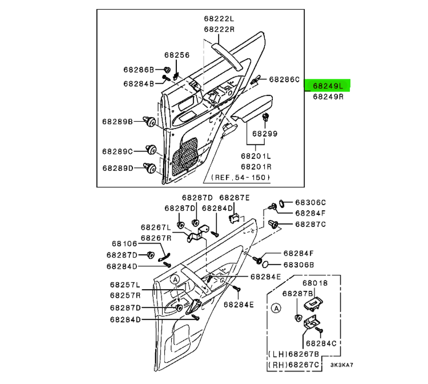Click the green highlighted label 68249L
[328, 86]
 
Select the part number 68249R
[328, 97]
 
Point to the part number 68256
[176, 55]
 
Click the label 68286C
[284, 80]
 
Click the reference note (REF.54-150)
[241, 178]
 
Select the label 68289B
[118, 122]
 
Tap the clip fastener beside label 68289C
[152, 150]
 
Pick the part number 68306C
[310, 202]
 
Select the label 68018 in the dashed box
[315, 283]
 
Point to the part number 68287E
[235, 197]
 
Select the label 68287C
[310, 223]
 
